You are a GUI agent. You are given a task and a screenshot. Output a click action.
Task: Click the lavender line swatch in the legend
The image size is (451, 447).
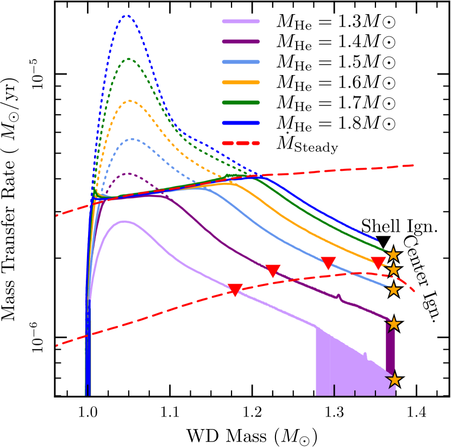click(241, 22)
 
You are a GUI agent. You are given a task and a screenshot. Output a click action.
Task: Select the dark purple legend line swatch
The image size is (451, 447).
click(241, 42)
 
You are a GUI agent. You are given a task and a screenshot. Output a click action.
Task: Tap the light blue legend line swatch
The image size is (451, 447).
click(241, 62)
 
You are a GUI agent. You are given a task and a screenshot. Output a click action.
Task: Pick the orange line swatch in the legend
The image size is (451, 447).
click(241, 82)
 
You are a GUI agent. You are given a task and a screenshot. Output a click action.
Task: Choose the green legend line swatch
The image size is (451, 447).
click(241, 102)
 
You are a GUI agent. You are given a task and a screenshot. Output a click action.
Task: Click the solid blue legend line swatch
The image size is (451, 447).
click(241, 123)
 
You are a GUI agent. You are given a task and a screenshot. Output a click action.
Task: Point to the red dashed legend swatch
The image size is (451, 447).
click(241, 143)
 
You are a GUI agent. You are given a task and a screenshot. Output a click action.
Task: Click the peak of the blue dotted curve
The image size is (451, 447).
click(127, 16)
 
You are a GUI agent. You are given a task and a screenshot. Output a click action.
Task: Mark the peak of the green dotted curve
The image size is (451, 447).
click(128, 59)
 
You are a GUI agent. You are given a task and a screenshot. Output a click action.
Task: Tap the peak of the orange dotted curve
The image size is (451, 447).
click(130, 101)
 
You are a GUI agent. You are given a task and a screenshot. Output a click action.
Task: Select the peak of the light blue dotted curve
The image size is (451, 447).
click(131, 139)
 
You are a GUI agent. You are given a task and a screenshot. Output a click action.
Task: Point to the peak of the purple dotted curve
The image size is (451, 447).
click(128, 174)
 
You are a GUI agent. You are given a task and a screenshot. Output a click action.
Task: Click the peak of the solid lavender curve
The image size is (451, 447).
click(124, 221)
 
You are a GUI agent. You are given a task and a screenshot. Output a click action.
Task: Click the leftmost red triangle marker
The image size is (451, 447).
click(235, 289)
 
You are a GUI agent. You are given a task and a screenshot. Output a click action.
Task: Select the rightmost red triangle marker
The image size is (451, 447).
click(378, 263)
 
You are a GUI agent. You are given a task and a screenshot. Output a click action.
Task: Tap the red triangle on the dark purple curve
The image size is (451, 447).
click(273, 270)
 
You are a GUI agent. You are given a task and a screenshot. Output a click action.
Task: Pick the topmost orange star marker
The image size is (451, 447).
click(393, 254)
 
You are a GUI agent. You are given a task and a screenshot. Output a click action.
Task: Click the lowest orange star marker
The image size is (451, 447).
click(394, 380)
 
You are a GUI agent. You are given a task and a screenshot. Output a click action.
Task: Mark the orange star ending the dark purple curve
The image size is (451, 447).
click(393, 324)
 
